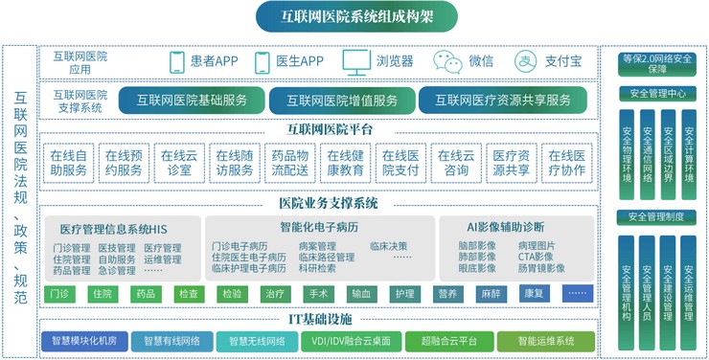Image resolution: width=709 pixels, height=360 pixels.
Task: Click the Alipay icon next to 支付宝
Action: pos(525,62)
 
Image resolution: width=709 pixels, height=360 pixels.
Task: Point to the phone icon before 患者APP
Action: pos(176,62)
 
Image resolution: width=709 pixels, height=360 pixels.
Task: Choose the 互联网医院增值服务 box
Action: pos(338,100)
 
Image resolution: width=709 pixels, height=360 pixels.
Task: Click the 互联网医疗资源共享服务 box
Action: pos(502,100)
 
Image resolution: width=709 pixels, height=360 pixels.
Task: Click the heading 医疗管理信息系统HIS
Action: pos(113,228)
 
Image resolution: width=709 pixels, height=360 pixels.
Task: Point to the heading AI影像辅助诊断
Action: pos(505,227)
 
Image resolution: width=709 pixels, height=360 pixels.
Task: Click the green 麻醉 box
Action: pos(492,293)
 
